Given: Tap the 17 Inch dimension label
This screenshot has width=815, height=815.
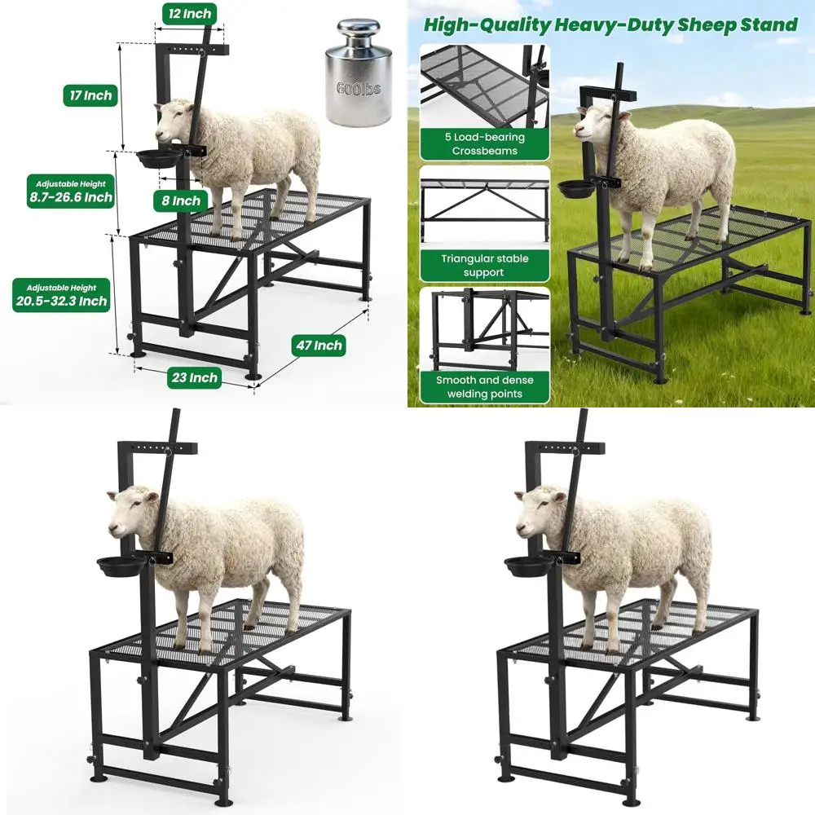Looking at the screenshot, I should point(89,95).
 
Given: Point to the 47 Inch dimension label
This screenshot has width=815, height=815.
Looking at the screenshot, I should point(319,346).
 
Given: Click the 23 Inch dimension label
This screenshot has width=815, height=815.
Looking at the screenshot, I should point(193,377).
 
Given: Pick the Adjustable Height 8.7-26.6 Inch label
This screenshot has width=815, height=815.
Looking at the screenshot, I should point(69,191).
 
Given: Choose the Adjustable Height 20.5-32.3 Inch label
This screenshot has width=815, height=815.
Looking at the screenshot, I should point(60,295).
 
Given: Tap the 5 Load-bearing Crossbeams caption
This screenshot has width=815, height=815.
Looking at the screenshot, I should point(484,144).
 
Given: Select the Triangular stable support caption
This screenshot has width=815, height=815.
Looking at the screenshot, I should point(484,266).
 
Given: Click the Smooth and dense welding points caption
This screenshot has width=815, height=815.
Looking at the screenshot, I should point(484,387).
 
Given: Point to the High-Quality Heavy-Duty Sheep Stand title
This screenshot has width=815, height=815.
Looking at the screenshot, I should point(610,24).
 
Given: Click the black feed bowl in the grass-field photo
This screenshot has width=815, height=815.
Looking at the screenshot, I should point(575,188).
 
